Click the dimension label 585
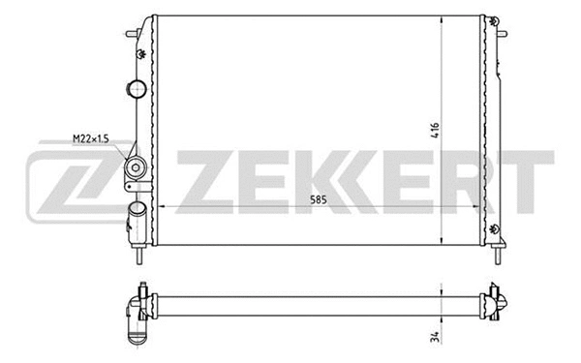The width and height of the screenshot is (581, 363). (317, 198)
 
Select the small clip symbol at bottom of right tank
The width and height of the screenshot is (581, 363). (496, 228)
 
